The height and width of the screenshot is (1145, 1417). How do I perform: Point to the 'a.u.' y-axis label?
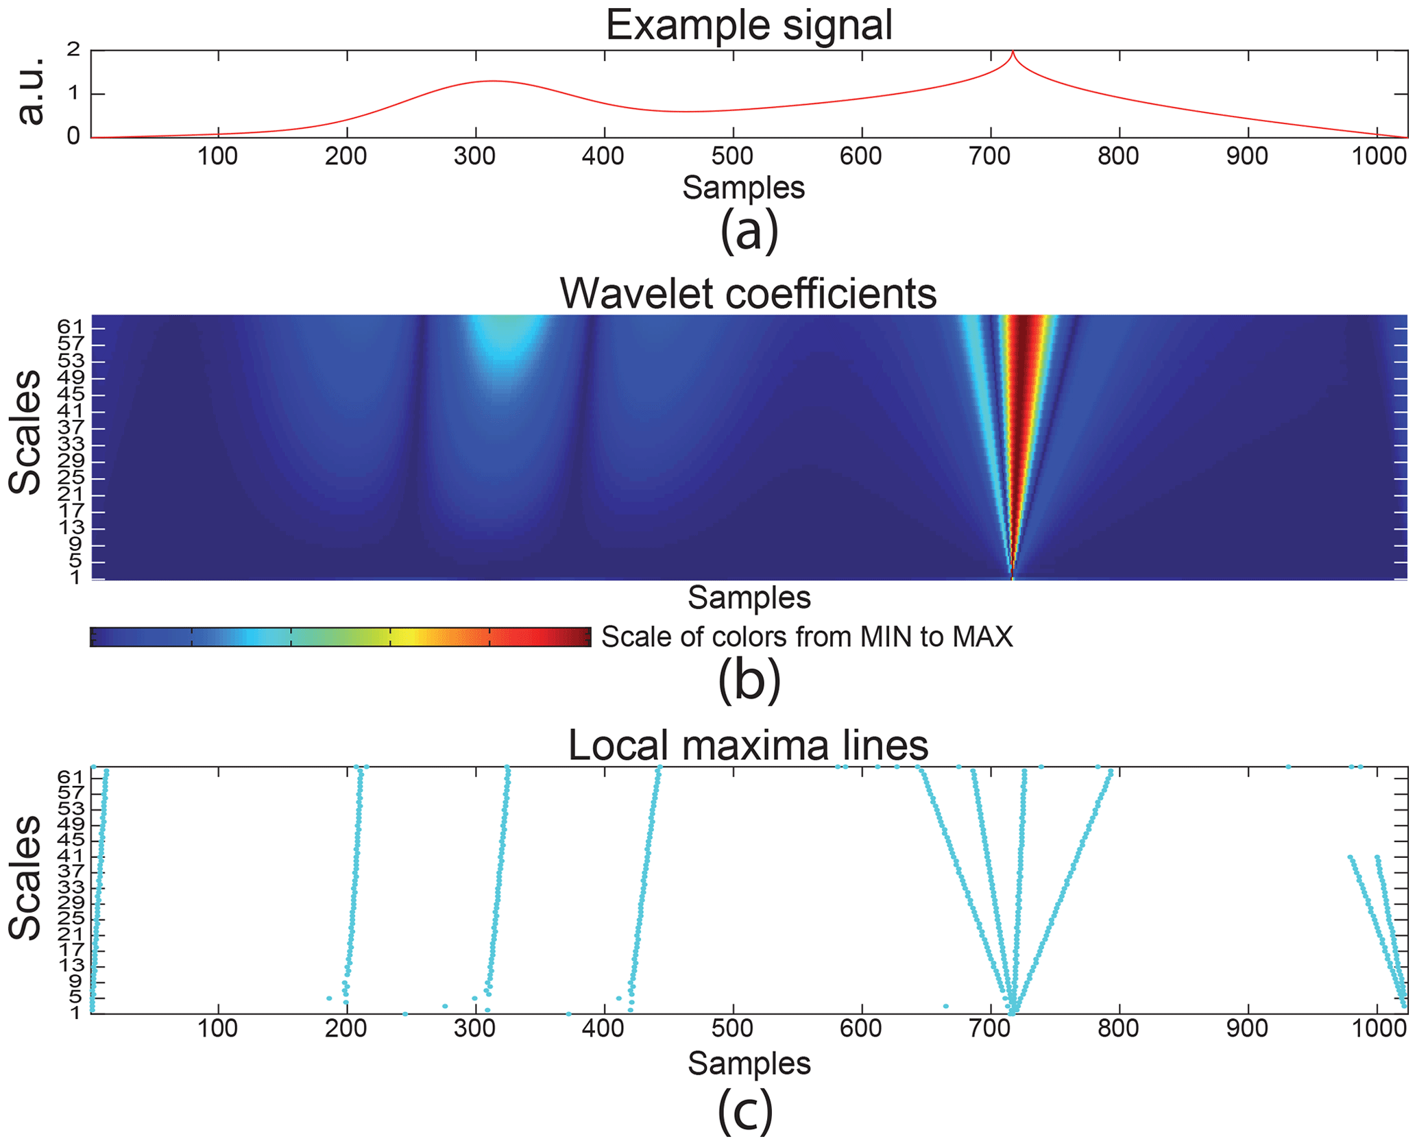pos(30,92)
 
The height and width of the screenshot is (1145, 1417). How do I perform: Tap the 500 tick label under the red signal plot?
pos(732,156)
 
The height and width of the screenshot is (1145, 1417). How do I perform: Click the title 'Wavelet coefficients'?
pos(748,294)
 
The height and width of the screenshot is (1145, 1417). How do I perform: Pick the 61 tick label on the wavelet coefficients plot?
pos(70,327)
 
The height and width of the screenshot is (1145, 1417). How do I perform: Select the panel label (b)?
pos(749,680)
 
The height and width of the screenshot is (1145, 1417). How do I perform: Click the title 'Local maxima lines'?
pos(748,745)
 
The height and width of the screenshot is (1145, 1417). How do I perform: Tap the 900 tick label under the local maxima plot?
pos(1247,1029)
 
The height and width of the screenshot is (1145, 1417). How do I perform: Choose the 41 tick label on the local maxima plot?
pos(70,857)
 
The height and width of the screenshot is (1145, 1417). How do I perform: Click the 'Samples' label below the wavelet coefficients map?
pos(749,598)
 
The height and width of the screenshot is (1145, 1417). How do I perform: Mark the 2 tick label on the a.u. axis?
pos(74,50)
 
